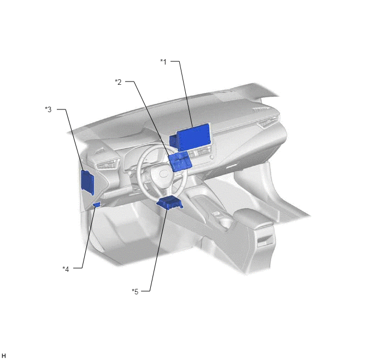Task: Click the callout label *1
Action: (x=163, y=62)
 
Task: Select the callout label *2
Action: (x=118, y=82)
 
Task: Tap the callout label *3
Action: (x=48, y=109)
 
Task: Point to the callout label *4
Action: (x=66, y=269)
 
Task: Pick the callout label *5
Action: (x=135, y=292)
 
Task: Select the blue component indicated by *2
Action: (x=180, y=161)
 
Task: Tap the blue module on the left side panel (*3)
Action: (x=87, y=182)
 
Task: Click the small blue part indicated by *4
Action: (x=97, y=205)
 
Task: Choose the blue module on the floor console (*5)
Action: (x=169, y=202)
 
